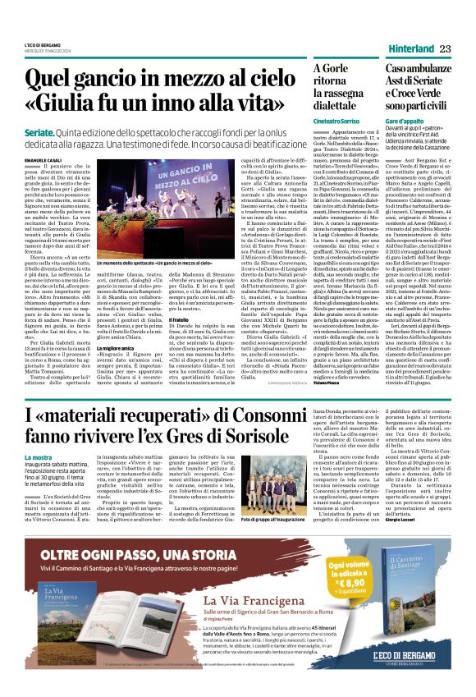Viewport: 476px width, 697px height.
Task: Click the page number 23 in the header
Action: pos(445,48)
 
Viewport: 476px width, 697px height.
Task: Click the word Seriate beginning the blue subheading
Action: pos(40,131)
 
